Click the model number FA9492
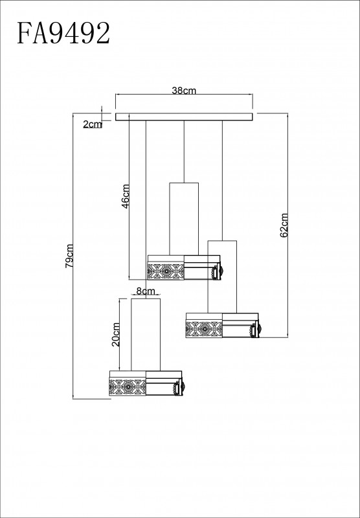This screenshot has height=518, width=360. tap(63, 33)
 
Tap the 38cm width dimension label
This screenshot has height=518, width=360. tap(184, 91)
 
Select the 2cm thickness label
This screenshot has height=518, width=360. tap(93, 124)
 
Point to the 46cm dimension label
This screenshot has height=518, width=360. tap(126, 196)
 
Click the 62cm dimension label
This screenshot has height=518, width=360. tap(284, 225)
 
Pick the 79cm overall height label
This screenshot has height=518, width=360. tap(69, 256)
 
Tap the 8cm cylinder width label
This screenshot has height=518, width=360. tap(146, 291)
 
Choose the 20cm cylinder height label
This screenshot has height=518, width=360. tap(116, 334)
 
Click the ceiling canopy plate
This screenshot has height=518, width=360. tap(184, 117)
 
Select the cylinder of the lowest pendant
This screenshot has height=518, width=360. tap(146, 334)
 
